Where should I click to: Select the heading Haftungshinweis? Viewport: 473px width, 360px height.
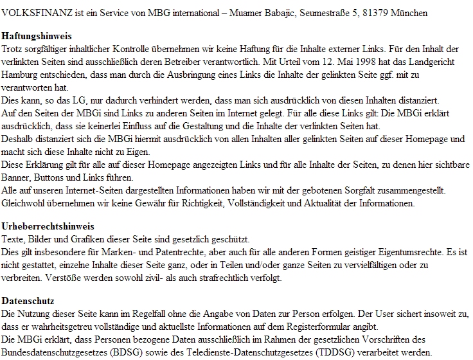(x=37, y=36)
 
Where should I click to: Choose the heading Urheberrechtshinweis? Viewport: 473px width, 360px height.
(x=48, y=226)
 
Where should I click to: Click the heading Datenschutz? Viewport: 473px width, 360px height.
(x=28, y=301)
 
